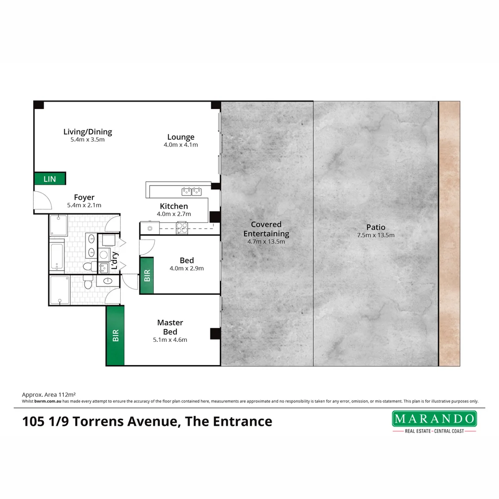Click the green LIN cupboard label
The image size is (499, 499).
(x=49, y=179)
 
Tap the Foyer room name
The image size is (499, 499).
(x=84, y=198)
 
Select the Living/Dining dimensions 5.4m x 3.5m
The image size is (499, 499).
(x=88, y=140)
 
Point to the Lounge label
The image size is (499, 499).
(x=181, y=137)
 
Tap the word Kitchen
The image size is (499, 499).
(x=174, y=206)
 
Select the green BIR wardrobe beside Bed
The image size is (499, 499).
(x=146, y=276)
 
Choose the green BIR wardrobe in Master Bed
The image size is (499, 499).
(x=115, y=335)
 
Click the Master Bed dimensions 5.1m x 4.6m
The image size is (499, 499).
(x=170, y=340)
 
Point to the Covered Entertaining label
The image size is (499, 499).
(x=266, y=229)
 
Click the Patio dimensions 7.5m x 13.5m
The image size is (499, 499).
(x=376, y=235)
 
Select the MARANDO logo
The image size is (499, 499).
(x=434, y=419)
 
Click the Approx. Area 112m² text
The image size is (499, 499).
(x=49, y=395)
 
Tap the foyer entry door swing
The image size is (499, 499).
(x=42, y=200)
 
